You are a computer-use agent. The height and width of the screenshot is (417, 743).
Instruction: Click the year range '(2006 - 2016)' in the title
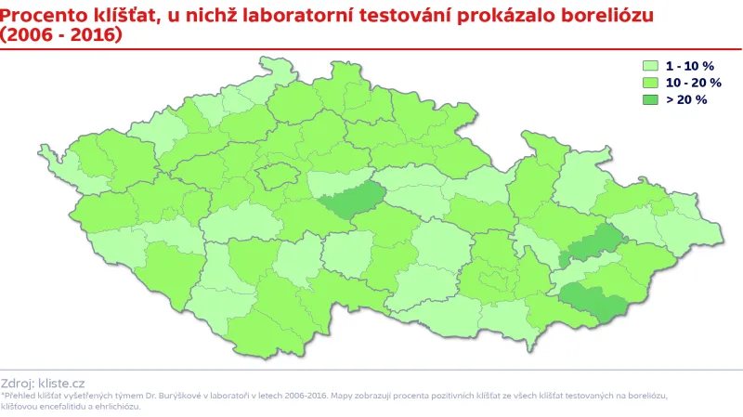(x=60, y=34)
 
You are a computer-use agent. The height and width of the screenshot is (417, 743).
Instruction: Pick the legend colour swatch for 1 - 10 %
(x=651, y=66)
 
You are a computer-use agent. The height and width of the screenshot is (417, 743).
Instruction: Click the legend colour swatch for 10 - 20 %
(x=651, y=83)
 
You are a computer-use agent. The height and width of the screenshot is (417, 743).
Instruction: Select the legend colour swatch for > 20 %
(x=651, y=99)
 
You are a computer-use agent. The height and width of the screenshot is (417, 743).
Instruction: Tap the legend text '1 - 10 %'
(x=689, y=66)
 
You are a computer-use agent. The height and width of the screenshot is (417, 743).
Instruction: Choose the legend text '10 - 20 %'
(x=693, y=83)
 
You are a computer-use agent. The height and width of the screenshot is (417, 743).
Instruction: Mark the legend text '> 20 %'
(x=686, y=99)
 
